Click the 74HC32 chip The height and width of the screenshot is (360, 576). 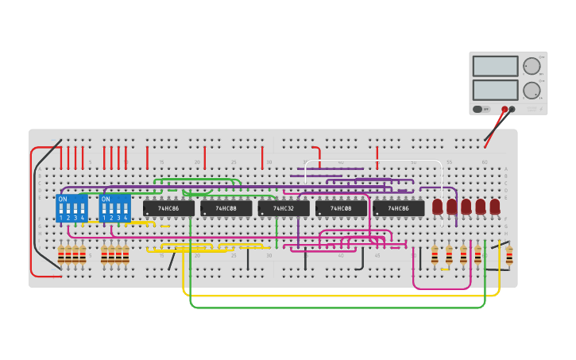(284, 208)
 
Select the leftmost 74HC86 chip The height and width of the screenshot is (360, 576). (168, 208)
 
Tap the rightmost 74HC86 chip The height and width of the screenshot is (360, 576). (399, 208)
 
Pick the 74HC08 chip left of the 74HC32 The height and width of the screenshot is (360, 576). (226, 208)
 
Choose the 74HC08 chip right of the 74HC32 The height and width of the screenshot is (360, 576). (341, 208)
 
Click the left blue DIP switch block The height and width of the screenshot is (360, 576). (72, 208)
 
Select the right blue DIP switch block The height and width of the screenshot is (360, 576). (115, 208)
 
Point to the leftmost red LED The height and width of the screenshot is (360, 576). (438, 207)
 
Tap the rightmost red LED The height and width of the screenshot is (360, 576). (495, 207)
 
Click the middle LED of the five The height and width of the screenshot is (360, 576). (466, 207)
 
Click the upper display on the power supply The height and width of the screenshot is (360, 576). (495, 66)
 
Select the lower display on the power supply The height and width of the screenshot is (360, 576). (495, 89)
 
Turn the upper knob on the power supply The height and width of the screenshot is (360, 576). (531, 66)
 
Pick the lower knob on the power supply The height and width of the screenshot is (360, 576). (531, 90)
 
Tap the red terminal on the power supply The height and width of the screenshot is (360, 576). (504, 109)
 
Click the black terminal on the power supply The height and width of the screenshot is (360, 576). (512, 109)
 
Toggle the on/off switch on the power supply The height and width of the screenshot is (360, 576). (478, 109)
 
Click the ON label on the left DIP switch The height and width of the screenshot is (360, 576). (63, 199)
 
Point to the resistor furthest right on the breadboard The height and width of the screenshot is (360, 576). (509, 255)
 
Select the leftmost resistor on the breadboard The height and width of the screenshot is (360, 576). (61, 254)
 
